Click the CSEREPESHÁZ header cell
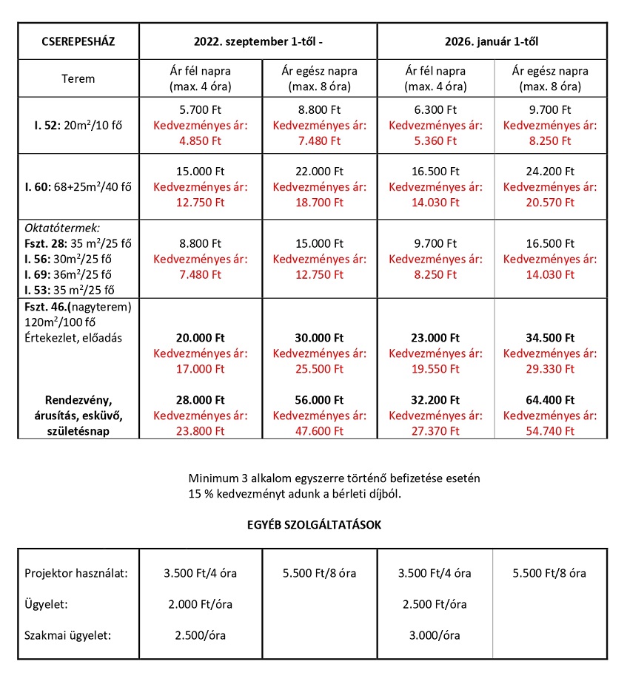tap(78, 41)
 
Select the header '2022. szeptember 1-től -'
tap(258, 41)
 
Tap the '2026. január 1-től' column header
tap(492, 41)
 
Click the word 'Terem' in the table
tap(78, 78)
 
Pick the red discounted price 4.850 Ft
tap(201, 140)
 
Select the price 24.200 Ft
tap(550, 172)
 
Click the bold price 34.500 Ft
tap(550, 337)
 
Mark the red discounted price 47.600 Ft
tap(319, 430)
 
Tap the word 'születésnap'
tap(78, 430)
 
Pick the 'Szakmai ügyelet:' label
tap(68, 634)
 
